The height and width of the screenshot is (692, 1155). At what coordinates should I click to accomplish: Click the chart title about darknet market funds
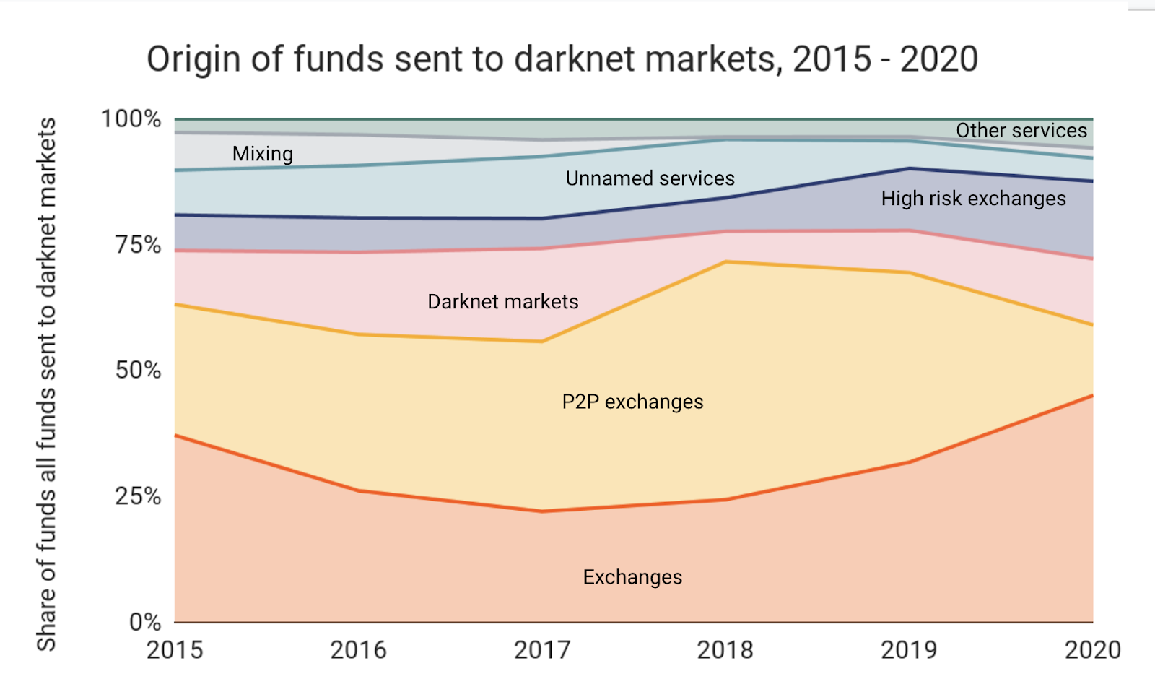tap(562, 59)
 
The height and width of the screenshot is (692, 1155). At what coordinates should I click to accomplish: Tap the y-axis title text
tap(46, 384)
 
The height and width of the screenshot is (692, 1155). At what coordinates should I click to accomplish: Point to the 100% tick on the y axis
tap(131, 118)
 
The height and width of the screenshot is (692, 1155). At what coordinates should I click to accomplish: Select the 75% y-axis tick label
tap(138, 245)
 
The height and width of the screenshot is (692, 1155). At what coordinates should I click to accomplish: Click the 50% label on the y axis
tap(138, 370)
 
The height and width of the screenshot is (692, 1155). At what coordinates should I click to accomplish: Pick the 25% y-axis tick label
tap(138, 496)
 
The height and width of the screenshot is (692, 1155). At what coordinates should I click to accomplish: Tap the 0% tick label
tap(145, 622)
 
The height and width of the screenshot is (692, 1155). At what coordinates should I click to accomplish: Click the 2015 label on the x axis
tap(175, 649)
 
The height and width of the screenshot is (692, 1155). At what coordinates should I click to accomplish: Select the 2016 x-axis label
tap(358, 649)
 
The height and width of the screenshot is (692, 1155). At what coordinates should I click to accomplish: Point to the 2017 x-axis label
tap(542, 649)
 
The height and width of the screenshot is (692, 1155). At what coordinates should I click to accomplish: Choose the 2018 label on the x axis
tap(725, 649)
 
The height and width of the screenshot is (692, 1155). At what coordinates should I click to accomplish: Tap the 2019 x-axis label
tap(909, 649)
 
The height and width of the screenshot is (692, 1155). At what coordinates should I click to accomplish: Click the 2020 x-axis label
tap(1093, 649)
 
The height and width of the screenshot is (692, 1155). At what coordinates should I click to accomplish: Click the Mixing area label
tap(263, 154)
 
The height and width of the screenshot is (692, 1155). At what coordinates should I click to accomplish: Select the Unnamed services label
tap(650, 178)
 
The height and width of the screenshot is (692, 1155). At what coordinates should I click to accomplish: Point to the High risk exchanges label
tap(974, 199)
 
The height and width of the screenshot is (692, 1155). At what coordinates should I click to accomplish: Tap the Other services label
tap(1021, 131)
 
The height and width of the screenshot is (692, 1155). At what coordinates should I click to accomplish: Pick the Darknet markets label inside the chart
tap(503, 302)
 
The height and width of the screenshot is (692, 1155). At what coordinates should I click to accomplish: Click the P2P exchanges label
tap(632, 402)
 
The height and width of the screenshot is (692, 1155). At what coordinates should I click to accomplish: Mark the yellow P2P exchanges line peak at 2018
tap(725, 262)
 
